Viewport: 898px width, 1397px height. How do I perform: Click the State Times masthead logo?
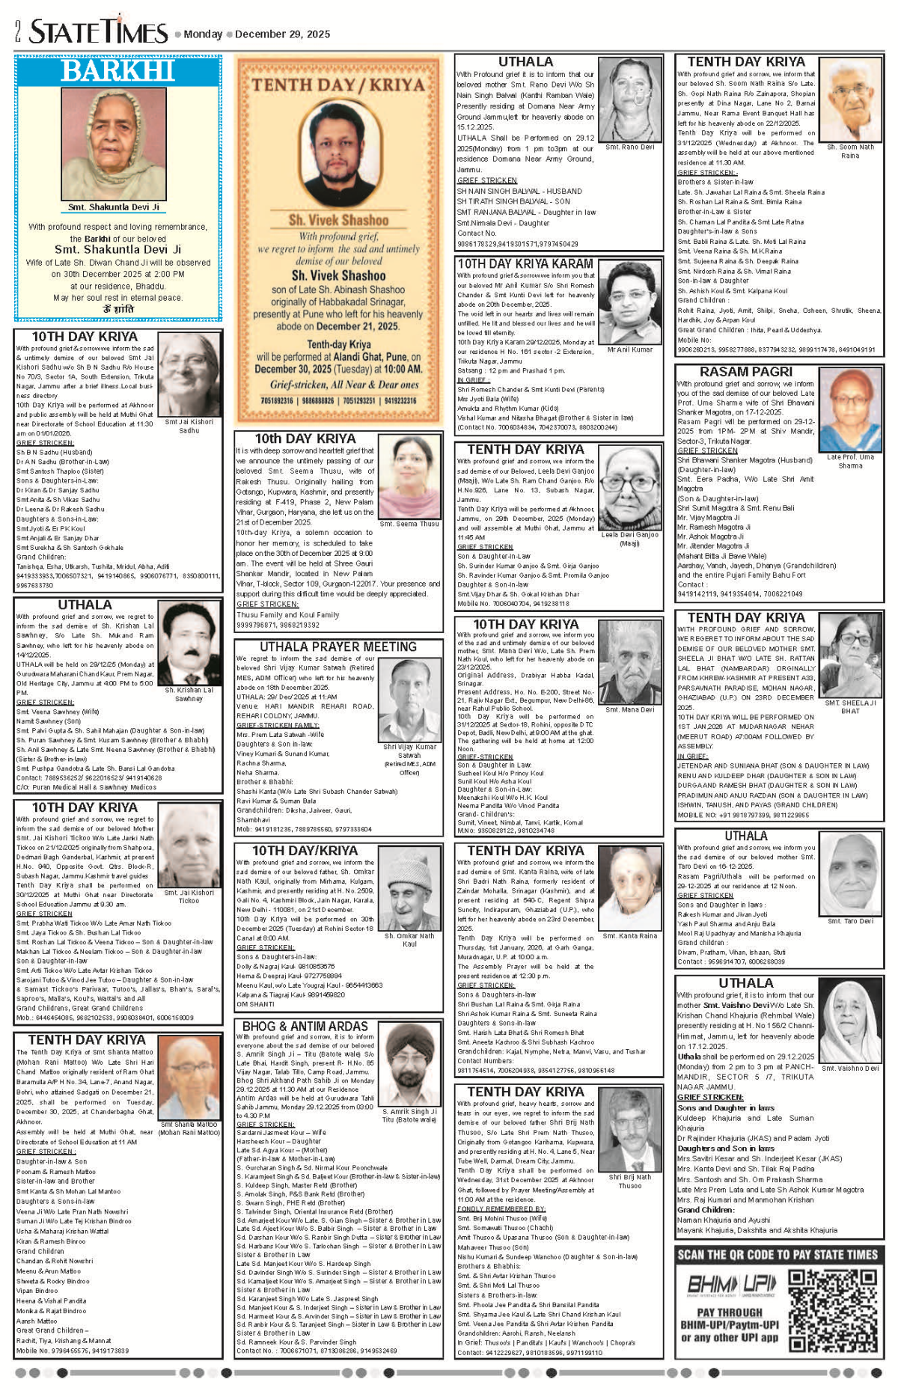[98, 31]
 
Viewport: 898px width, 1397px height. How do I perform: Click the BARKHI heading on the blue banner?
[117, 70]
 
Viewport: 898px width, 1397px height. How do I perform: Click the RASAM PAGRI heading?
[745, 372]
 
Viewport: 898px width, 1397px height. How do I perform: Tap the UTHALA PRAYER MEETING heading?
[337, 646]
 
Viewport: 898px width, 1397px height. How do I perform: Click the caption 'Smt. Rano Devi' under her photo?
[629, 147]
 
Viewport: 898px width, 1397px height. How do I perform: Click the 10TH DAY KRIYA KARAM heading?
[525, 263]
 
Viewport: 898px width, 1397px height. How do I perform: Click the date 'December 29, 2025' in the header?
[282, 34]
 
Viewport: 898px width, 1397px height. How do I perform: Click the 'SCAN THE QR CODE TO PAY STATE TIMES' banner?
[778, 1255]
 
